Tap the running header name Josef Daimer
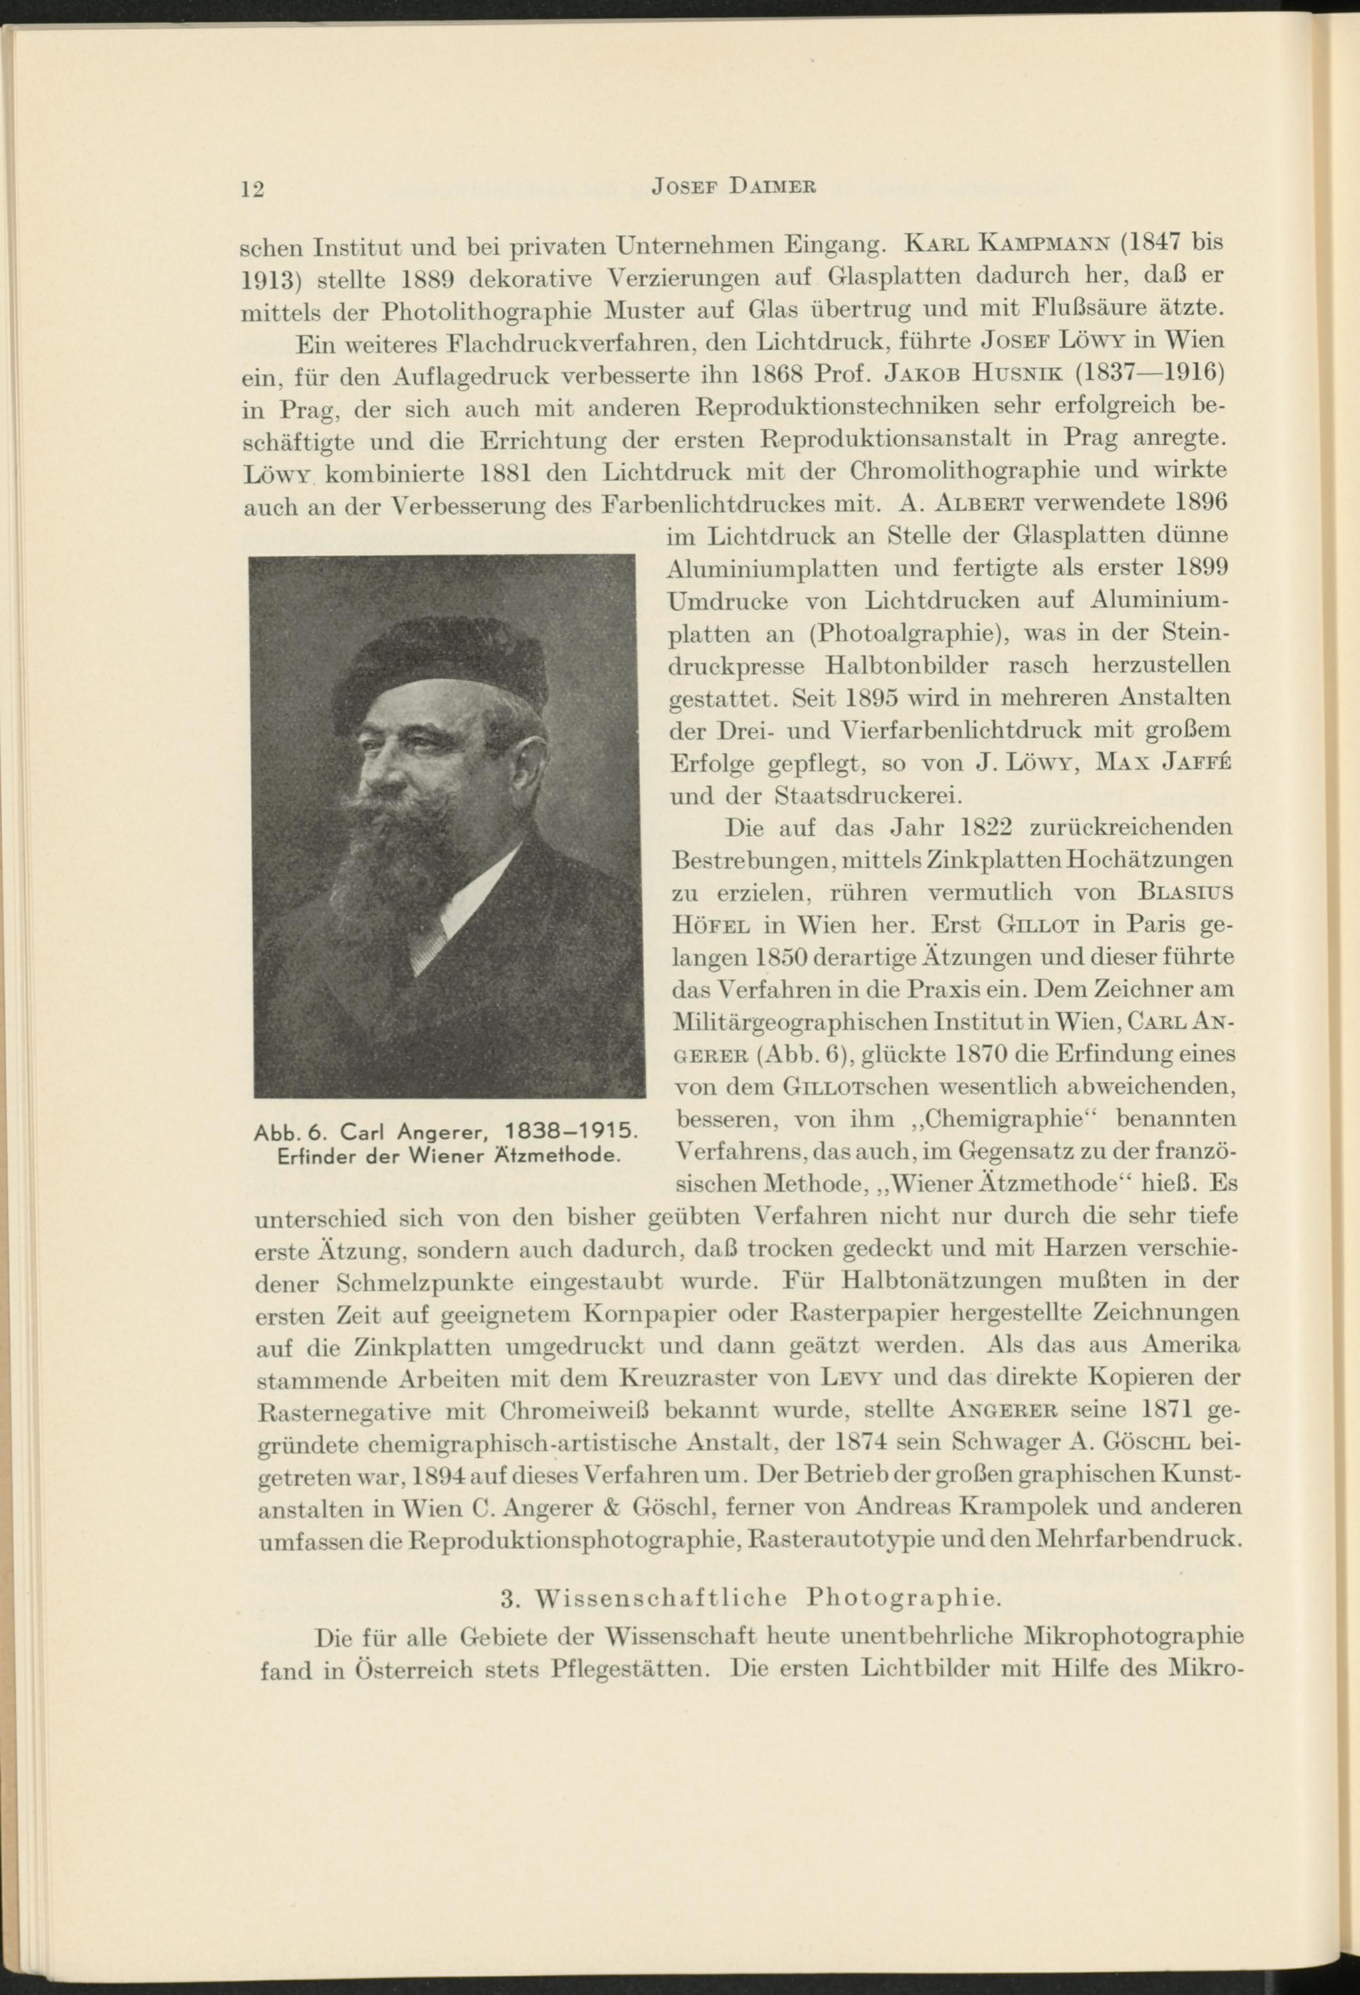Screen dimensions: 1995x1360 (732, 186)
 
